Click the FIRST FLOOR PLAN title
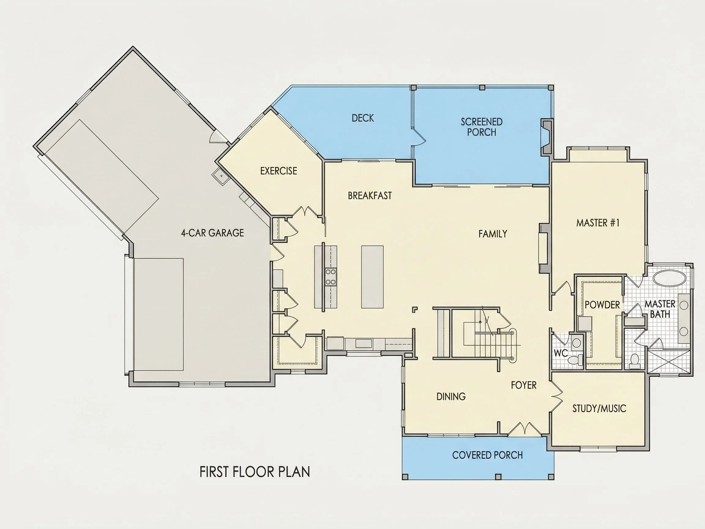255,472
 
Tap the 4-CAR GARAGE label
213,233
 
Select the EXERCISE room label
278,171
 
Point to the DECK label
363,118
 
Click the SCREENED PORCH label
482,127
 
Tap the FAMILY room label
493,234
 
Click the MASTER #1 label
598,223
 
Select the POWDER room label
602,305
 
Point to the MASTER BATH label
660,309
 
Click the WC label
561,353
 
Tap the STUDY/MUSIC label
599,408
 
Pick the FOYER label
524,385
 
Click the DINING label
451,396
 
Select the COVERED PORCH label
487,455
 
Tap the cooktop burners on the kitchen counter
331,277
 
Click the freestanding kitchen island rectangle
372,277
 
